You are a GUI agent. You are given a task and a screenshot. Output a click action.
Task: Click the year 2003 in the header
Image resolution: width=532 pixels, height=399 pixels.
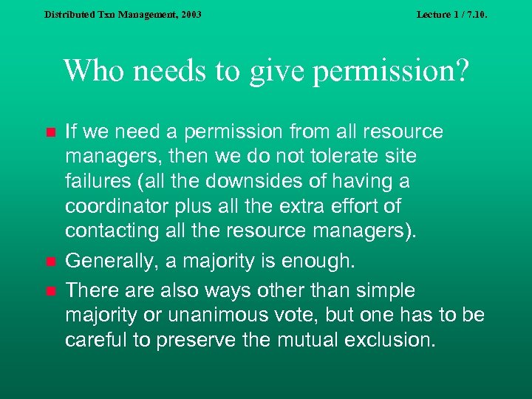pyautogui.click(x=188, y=14)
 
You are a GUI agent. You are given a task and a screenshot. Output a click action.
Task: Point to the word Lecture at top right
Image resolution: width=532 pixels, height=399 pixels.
pyautogui.click(x=434, y=14)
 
